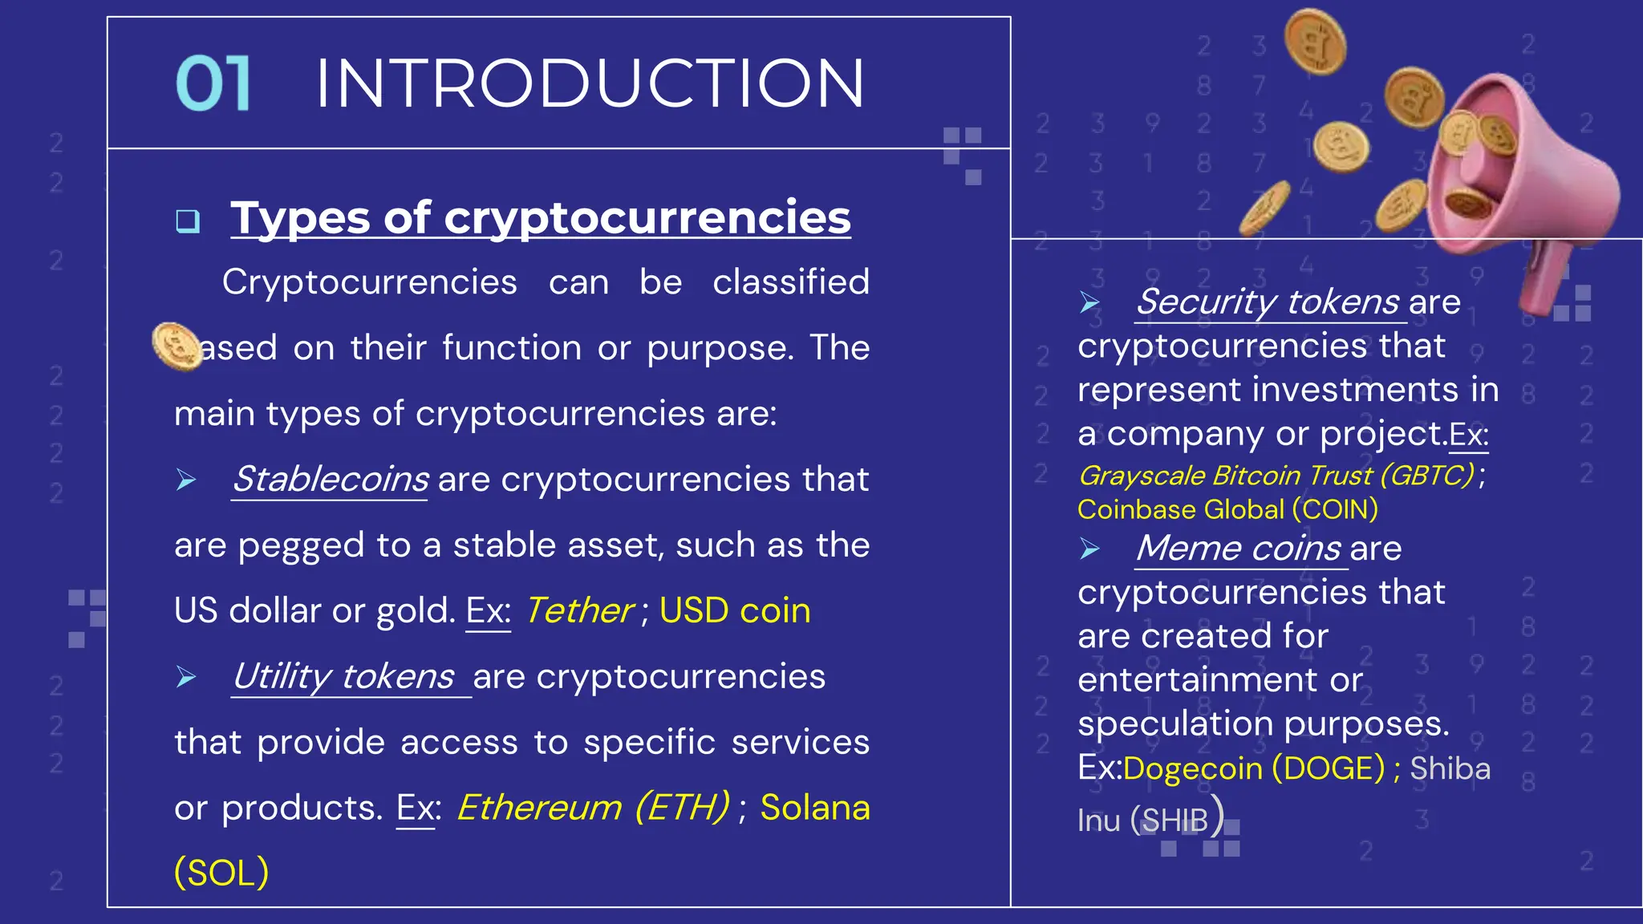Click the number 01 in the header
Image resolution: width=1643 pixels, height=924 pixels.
coord(213,83)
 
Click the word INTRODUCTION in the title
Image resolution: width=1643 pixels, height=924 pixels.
coord(590,83)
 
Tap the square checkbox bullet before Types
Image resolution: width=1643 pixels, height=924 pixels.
coord(188,221)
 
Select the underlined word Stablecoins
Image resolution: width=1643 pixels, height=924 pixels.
coord(331,480)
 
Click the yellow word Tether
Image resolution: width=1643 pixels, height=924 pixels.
coord(579,611)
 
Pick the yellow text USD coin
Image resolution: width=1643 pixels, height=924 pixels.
coord(735,611)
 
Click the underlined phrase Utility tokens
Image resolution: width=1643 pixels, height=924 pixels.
coord(343,677)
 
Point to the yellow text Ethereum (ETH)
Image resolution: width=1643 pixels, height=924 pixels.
coord(593,808)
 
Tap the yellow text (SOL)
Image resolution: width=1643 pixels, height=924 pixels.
coord(221,873)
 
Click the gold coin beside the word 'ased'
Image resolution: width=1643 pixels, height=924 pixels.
coord(176,346)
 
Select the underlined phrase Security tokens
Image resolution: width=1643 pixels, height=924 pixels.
coord(1268,302)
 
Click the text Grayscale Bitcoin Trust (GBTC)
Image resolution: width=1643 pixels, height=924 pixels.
coord(1276,476)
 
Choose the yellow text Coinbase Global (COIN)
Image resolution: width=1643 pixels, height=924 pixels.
coord(1227,509)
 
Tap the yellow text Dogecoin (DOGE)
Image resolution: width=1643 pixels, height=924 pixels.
coord(1254,768)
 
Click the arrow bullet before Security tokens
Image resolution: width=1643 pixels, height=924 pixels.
coord(1089,302)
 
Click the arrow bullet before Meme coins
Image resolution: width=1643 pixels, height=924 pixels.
coord(1089,549)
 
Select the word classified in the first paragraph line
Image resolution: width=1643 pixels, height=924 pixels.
coord(790,282)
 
